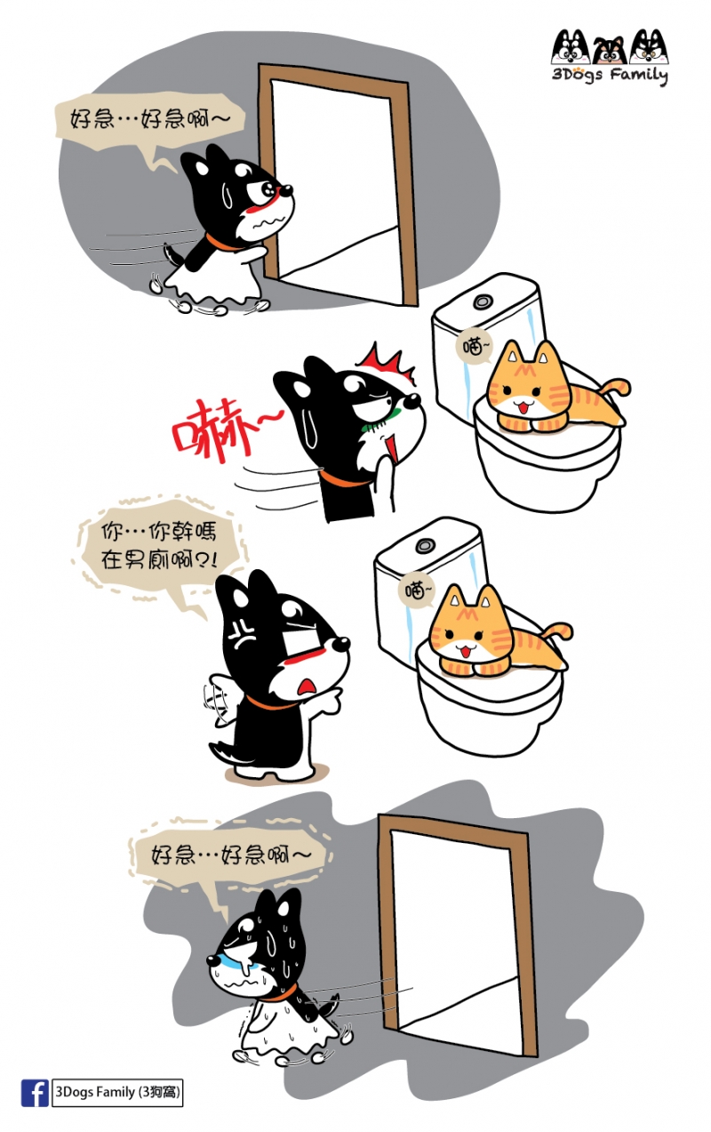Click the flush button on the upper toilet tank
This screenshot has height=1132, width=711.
tap(482, 301)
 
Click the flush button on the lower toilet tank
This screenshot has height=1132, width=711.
tap(424, 546)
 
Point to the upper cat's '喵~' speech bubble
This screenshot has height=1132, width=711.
tap(474, 348)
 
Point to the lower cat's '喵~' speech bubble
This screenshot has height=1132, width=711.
tap(415, 590)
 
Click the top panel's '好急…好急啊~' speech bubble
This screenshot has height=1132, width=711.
tap(150, 124)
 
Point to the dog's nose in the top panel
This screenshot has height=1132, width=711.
tap(286, 190)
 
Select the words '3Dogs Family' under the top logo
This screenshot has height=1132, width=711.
tap(610, 75)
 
